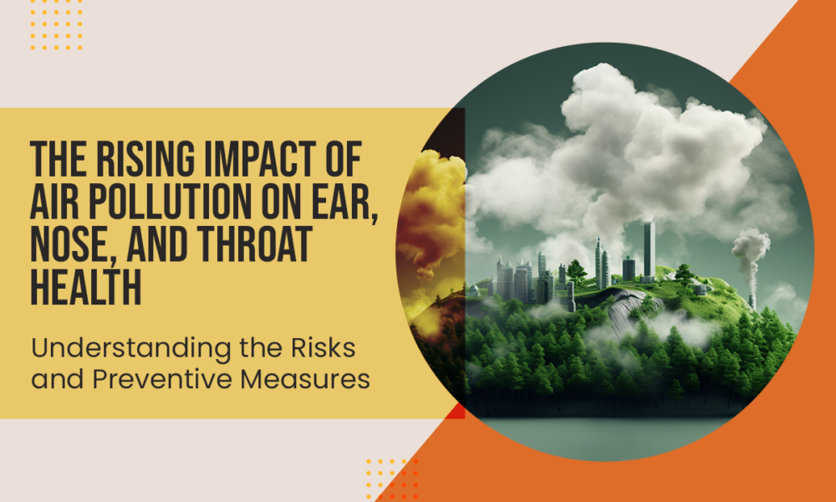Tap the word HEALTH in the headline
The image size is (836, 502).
86,287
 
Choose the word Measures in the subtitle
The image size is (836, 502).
305,379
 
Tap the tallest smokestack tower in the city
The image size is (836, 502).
649,251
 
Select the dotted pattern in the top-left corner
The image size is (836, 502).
56,25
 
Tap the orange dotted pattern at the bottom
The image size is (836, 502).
392,479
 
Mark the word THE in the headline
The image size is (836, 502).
51,159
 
